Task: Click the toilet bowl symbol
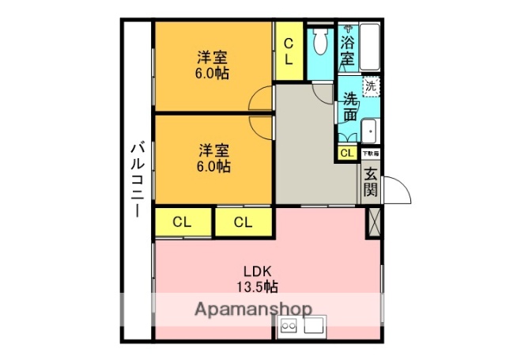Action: tap(321, 44)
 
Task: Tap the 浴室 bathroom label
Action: tap(348, 49)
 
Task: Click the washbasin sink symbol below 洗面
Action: tap(369, 130)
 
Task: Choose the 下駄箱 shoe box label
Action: tap(371, 153)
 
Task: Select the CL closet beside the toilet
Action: tap(289, 51)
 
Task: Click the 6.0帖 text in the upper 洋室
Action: tap(213, 74)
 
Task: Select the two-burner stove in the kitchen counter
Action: tap(287, 326)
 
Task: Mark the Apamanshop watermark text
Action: tap(253, 309)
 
